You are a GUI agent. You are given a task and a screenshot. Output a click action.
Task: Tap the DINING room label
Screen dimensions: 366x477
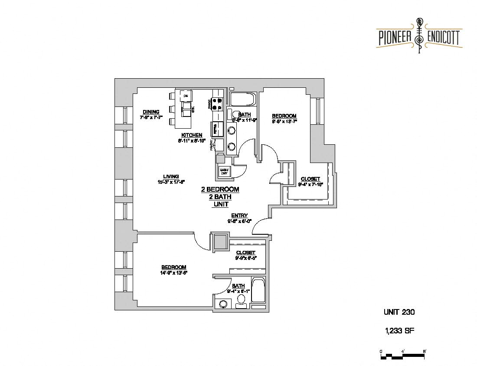pos(151,112)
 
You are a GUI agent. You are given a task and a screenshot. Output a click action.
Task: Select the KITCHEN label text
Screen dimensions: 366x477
pos(192,135)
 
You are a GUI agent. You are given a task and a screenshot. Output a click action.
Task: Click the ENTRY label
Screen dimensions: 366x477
pos(239,216)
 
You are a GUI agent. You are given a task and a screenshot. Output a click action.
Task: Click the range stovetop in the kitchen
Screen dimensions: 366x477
pos(216,104)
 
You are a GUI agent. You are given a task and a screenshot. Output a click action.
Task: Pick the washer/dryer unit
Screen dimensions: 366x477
pos(224,171)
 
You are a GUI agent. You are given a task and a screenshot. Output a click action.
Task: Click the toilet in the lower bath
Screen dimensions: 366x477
pos(240,300)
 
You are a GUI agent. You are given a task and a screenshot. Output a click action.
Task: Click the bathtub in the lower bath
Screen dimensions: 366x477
pos(258,291)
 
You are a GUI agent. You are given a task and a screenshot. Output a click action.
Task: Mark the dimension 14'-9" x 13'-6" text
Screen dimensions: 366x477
pos(174,273)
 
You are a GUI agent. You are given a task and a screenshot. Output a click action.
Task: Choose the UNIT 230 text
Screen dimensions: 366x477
pos(399,312)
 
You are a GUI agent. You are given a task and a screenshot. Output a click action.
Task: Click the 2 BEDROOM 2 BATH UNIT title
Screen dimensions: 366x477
pos(220,197)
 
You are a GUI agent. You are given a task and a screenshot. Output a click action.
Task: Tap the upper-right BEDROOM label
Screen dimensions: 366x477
pos(284,116)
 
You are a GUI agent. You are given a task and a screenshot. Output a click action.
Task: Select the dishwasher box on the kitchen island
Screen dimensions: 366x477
pos(186,95)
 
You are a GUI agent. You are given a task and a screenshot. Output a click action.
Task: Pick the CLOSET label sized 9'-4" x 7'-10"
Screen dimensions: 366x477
pos(310,179)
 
